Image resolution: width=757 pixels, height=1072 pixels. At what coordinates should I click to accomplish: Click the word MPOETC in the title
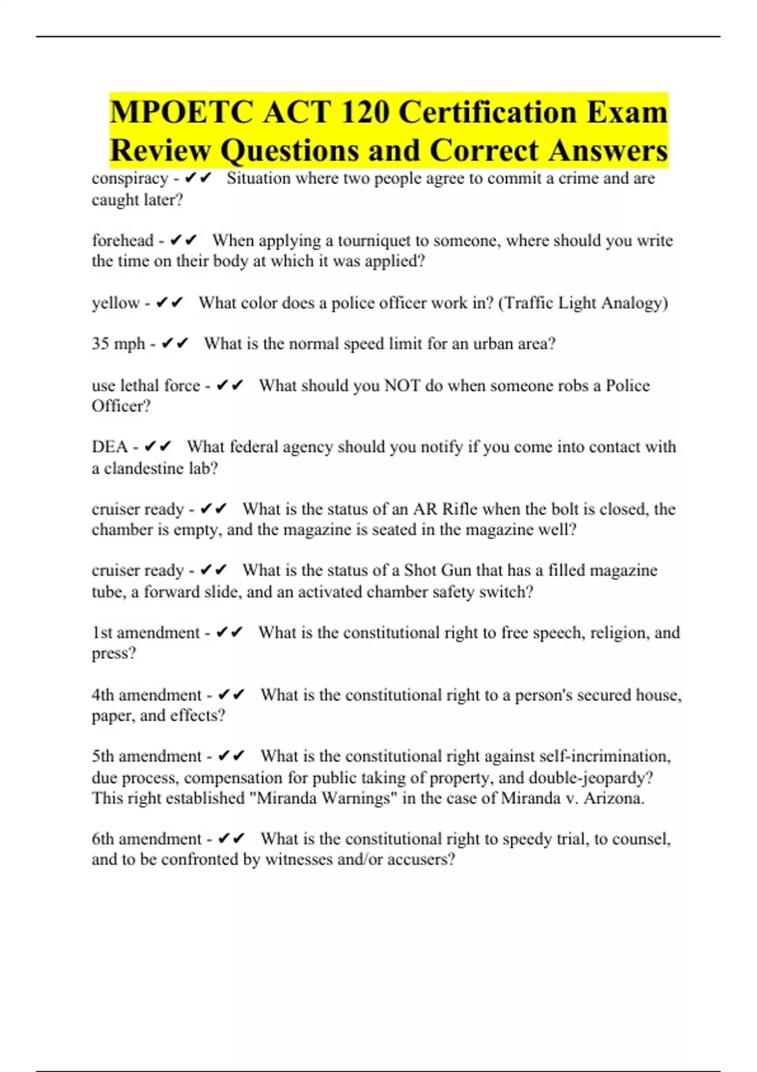point(180,113)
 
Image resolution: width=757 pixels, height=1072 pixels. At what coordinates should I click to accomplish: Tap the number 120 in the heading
point(361,113)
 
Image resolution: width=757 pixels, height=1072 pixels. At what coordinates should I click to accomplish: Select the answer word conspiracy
point(129,178)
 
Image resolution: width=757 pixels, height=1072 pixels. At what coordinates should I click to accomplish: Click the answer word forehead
point(122,240)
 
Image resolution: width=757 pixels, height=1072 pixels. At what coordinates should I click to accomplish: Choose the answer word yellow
point(115,303)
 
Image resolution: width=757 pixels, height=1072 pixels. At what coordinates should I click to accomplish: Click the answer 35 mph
point(118,344)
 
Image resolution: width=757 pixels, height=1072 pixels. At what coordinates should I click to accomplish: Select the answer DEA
point(110,447)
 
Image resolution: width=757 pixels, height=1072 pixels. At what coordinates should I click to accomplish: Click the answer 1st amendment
point(146,632)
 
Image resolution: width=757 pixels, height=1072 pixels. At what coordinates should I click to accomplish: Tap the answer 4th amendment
point(146,695)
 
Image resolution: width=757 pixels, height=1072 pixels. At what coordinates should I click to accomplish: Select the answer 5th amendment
point(146,756)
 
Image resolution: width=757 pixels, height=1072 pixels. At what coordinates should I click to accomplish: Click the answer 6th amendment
point(146,839)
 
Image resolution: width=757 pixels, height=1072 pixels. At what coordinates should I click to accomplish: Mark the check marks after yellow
point(169,303)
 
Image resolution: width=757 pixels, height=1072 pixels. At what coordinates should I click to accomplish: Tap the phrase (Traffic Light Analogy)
point(583,303)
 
